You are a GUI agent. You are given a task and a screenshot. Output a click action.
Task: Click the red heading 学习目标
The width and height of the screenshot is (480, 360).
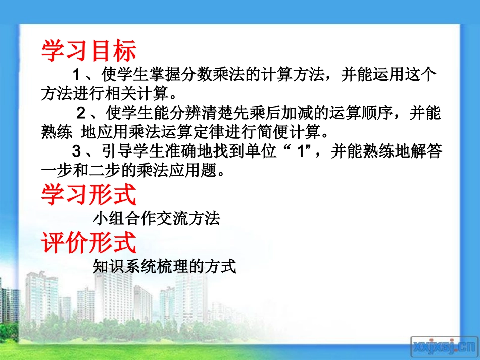pyautogui.click(x=88, y=50)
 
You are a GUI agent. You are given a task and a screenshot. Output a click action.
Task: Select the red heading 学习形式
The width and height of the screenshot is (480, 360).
pyautogui.click(x=88, y=195)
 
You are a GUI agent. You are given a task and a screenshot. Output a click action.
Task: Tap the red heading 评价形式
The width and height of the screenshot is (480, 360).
pyautogui.click(x=88, y=242)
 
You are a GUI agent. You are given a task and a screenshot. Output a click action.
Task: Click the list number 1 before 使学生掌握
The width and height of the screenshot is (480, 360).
pyautogui.click(x=77, y=75)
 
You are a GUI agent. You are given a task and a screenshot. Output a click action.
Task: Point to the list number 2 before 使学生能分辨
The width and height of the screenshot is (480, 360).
pyautogui.click(x=80, y=113)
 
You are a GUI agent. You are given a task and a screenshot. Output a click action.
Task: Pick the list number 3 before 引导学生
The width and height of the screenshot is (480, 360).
pyautogui.click(x=77, y=151)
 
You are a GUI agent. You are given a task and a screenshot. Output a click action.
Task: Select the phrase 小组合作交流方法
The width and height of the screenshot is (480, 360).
pyautogui.click(x=157, y=219)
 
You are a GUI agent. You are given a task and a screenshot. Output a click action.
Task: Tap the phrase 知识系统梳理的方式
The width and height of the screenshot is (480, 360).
pyautogui.click(x=165, y=266)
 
